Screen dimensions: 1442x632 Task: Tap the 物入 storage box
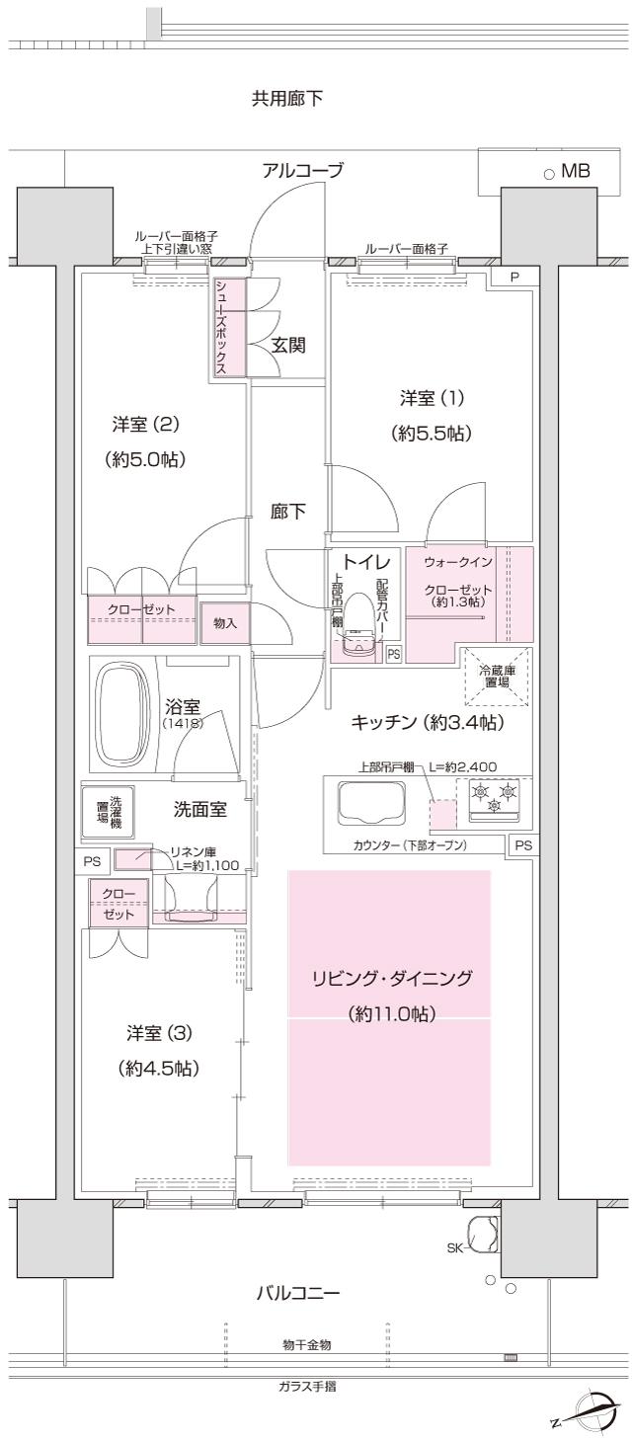[x=225, y=623]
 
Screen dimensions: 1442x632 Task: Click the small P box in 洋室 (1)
[x=513, y=278]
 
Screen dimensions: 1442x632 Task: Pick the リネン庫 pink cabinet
[x=133, y=859]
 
